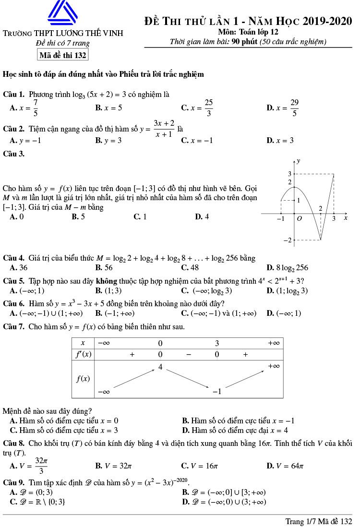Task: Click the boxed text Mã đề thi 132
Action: point(62,55)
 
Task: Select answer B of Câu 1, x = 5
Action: point(108,108)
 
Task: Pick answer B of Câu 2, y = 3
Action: point(108,141)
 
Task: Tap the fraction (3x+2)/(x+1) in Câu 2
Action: point(164,129)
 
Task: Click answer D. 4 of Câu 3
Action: point(202,217)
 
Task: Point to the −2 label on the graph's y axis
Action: point(288,240)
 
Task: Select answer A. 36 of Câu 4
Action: point(19,268)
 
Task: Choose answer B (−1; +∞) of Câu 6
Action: point(115,313)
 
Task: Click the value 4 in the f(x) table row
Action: point(160,367)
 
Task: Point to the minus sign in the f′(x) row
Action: point(189,355)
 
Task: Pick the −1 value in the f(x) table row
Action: point(217,392)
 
